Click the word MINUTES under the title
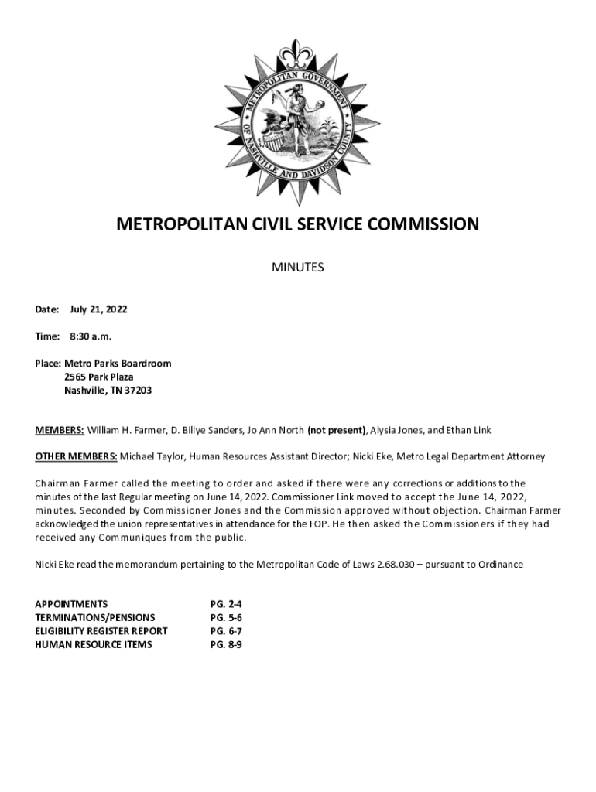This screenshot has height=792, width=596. click(298, 268)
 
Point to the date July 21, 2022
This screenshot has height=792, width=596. click(98, 309)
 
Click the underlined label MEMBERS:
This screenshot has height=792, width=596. click(60, 430)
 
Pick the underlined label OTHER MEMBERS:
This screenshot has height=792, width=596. click(76, 457)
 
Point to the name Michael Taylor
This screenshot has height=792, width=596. click(152, 457)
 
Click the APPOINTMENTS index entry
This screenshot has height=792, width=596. click(71, 603)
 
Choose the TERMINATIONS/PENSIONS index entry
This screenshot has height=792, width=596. click(94, 617)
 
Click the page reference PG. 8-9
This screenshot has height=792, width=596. click(226, 644)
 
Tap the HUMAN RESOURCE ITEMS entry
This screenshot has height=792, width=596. click(94, 644)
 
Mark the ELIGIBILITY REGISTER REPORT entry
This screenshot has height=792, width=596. click(101, 630)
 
